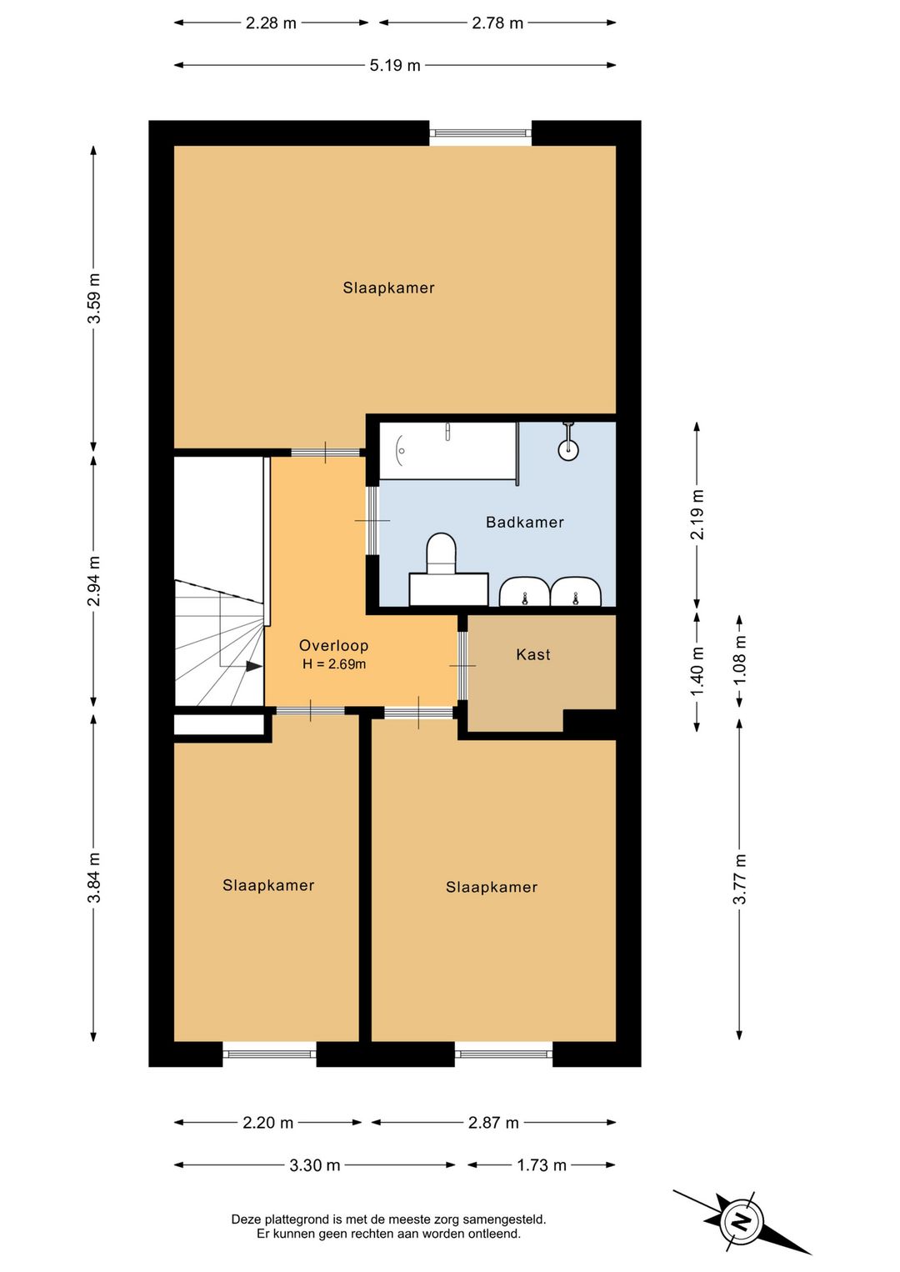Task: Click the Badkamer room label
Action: pyautogui.click(x=525, y=522)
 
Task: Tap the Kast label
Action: pyautogui.click(x=533, y=654)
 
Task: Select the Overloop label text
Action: pyautogui.click(x=334, y=645)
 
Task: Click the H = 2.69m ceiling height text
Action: pyautogui.click(x=334, y=664)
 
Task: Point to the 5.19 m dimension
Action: pyautogui.click(x=395, y=65)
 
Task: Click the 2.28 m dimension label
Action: pyautogui.click(x=271, y=23)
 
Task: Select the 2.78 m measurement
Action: pyautogui.click(x=497, y=23)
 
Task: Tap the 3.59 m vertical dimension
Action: pyautogui.click(x=94, y=298)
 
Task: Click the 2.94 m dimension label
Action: pyautogui.click(x=94, y=581)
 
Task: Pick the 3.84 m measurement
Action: pyautogui.click(x=94, y=878)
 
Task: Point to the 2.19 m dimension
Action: pyautogui.click(x=697, y=514)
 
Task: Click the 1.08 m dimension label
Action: pyautogui.click(x=740, y=660)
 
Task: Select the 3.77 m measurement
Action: pyautogui.click(x=740, y=879)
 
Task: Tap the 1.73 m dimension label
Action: pyautogui.click(x=542, y=1166)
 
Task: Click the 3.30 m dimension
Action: pyautogui.click(x=314, y=1166)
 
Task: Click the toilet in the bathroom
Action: pyautogui.click(x=442, y=553)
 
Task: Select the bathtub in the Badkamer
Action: pyautogui.click(x=448, y=451)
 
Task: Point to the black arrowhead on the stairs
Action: pyautogui.click(x=254, y=666)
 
